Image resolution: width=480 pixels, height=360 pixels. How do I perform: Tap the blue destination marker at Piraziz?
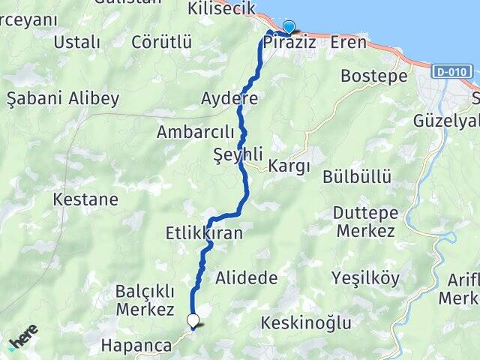pos(288,27)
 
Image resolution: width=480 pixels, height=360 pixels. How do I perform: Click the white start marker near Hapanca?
pos(193,321)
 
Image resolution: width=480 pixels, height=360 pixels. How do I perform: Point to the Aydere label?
pos(229,98)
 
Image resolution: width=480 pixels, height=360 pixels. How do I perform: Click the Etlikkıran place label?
pos(204,234)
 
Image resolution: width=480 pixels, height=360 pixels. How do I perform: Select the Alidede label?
pos(246,278)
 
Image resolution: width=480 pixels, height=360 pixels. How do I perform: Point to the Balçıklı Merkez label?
pos(145,299)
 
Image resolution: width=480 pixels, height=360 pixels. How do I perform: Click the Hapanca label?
pos(136,346)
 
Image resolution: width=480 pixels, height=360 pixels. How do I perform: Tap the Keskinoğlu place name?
pos(306,323)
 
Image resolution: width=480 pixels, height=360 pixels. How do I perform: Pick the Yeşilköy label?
pos(366,278)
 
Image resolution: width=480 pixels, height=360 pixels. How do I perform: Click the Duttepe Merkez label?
pos(364,221)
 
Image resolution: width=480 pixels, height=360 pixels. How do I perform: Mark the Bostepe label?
pos(373,76)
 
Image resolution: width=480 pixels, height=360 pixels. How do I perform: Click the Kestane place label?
pos(86,199)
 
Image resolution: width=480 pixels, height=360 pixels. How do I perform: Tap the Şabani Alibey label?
pos(63,98)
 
